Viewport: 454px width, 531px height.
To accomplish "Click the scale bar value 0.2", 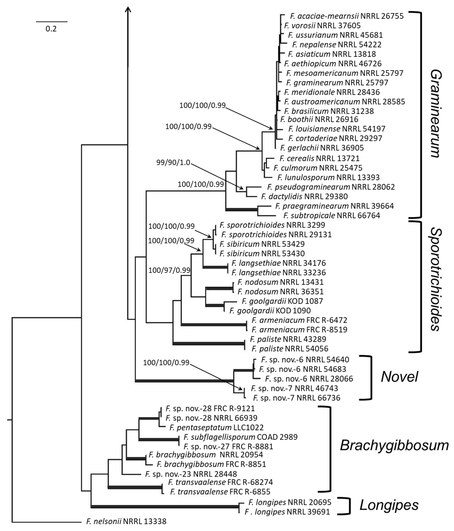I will pos(51,29).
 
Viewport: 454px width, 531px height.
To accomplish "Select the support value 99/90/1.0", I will pos(173,162).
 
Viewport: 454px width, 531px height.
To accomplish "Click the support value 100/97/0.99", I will pos(169,270).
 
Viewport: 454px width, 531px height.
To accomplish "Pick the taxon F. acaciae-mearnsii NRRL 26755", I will pos(347,16).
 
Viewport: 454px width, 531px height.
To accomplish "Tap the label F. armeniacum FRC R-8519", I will pos(299,330).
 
